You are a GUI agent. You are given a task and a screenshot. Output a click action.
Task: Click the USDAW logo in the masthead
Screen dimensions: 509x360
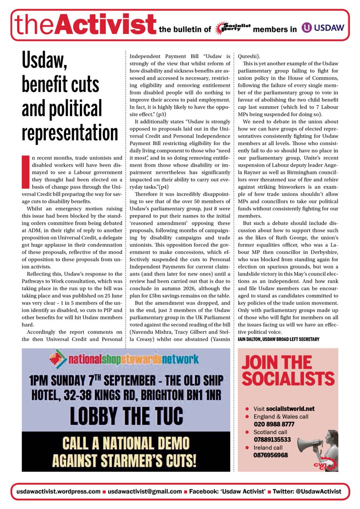(323, 28)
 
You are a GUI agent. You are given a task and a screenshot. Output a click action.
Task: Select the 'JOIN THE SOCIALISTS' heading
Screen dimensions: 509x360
(287, 369)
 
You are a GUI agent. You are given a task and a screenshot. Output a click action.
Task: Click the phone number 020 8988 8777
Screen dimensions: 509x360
(274, 424)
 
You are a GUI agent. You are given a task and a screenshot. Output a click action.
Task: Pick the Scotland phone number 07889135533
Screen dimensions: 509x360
(273, 439)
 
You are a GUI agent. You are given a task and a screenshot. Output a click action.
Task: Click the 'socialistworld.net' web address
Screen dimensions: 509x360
(290, 408)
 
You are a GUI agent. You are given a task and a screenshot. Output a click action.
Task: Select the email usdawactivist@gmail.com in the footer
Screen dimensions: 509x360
(144, 491)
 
